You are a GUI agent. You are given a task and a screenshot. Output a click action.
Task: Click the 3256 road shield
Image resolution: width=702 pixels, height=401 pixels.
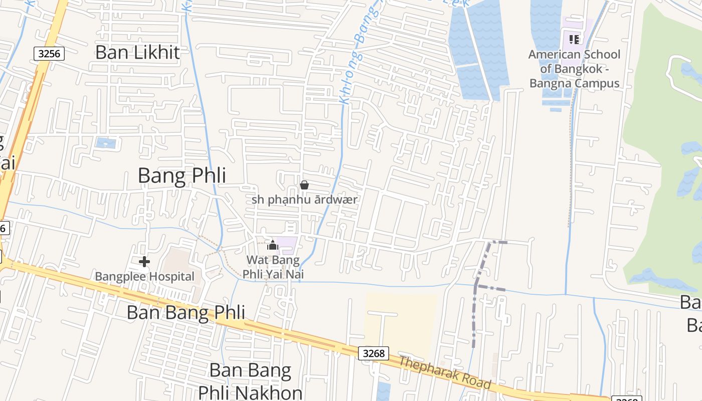coord(50,53)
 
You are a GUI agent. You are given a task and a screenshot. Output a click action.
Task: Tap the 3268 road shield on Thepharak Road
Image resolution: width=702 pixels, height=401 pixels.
coord(374,353)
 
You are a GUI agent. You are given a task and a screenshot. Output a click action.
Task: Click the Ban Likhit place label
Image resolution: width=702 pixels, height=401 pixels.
coord(137,52)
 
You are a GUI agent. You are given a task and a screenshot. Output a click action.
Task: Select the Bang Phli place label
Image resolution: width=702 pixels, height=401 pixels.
coord(182,176)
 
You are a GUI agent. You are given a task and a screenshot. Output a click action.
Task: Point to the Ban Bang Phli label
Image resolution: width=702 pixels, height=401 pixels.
coord(186,312)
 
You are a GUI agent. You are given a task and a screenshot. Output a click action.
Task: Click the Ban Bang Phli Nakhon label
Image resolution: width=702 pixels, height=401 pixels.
coord(250,381)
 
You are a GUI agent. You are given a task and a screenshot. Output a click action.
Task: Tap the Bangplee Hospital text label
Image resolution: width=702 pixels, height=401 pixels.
coord(144,277)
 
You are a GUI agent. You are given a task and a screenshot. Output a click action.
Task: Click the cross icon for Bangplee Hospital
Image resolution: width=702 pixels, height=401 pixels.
coord(144,262)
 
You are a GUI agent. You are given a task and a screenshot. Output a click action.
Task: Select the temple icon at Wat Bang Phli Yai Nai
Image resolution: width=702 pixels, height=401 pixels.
coord(273,245)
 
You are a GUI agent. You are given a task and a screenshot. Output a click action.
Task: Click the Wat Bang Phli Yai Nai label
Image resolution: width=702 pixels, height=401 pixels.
coord(273,267)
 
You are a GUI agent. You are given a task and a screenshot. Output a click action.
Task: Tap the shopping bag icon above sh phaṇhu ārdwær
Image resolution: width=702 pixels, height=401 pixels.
coord(304,185)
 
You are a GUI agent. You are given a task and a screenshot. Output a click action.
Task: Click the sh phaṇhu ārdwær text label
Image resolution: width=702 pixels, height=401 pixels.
coord(304,199)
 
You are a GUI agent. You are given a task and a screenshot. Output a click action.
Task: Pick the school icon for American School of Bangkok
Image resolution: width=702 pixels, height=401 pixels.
coord(574,39)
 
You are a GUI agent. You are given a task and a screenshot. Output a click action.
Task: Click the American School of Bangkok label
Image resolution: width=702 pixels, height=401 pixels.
coord(574,69)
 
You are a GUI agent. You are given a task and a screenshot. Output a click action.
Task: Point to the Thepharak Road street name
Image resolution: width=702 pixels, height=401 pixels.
coord(445,372)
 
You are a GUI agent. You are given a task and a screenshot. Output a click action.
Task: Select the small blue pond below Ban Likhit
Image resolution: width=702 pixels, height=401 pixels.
coord(105,143)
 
